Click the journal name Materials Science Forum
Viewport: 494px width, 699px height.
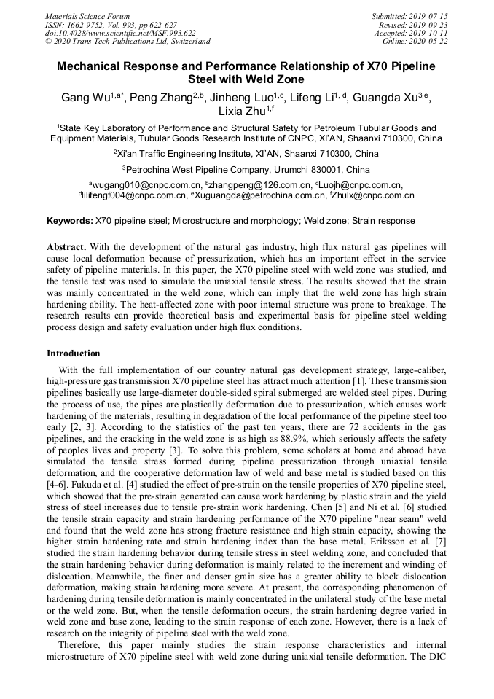[87, 15]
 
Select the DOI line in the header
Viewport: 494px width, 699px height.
[120, 33]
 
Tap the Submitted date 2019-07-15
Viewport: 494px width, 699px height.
[409, 15]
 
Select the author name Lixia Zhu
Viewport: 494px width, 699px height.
[242, 112]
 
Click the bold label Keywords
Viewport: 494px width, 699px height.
[70, 220]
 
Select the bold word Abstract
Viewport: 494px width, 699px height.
[68, 247]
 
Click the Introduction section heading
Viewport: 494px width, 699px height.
[74, 354]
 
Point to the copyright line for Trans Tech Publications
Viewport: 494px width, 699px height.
[128, 42]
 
